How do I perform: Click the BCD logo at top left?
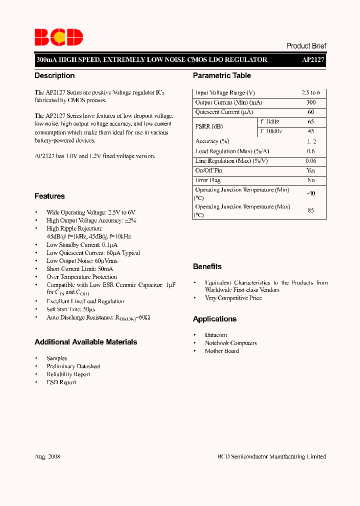pyautogui.click(x=58, y=37)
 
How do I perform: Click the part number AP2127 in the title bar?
pyautogui.click(x=313, y=59)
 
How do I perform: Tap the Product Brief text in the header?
pyautogui.click(x=306, y=45)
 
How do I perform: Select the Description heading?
pyautogui.click(x=54, y=75)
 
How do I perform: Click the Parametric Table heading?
pyautogui.click(x=222, y=75)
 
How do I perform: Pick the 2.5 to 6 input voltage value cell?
pyautogui.click(x=311, y=93)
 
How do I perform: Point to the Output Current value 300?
pyautogui.click(x=311, y=102)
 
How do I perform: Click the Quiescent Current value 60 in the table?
pyautogui.click(x=311, y=112)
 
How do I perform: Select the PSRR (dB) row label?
pyautogui.click(x=209, y=126)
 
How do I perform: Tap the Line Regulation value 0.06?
pyautogui.click(x=311, y=161)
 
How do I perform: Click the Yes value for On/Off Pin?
pyautogui.click(x=311, y=170)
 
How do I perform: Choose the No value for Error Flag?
pyautogui.click(x=311, y=180)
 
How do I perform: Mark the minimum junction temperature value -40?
pyautogui.click(x=311, y=193)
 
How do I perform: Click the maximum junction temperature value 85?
pyautogui.click(x=311, y=210)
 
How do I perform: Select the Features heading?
pyautogui.click(x=49, y=196)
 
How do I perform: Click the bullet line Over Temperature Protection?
pyautogui.click(x=82, y=277)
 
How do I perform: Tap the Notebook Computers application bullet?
pyautogui.click(x=231, y=343)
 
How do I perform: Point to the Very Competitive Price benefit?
pyautogui.click(x=233, y=298)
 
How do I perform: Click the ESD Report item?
pyautogui.click(x=61, y=382)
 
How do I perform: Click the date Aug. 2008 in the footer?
pyautogui.click(x=47, y=456)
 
